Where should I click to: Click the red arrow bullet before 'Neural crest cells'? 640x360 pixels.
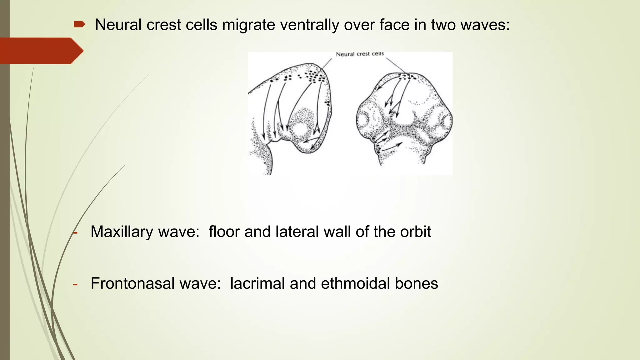[79, 24]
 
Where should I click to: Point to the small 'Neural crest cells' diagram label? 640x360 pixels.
[360, 54]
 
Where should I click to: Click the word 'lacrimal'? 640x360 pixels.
[257, 283]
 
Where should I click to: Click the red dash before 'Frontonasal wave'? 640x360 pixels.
[75, 284]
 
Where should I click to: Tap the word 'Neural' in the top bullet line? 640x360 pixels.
[118, 25]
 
